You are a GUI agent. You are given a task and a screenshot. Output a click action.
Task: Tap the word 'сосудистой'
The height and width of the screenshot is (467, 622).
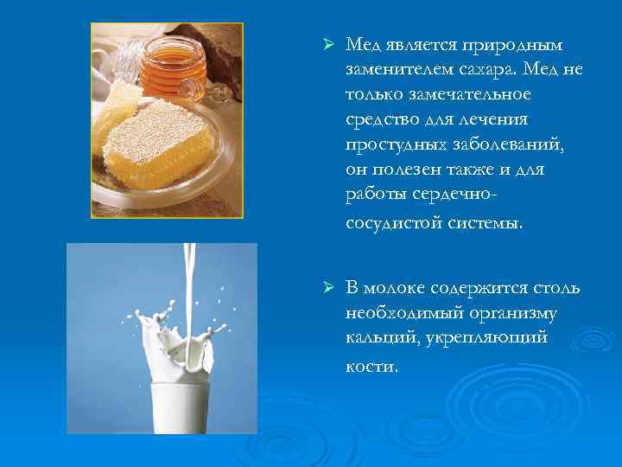[x=392, y=222]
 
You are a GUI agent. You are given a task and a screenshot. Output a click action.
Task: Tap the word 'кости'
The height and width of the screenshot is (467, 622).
[x=371, y=366]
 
